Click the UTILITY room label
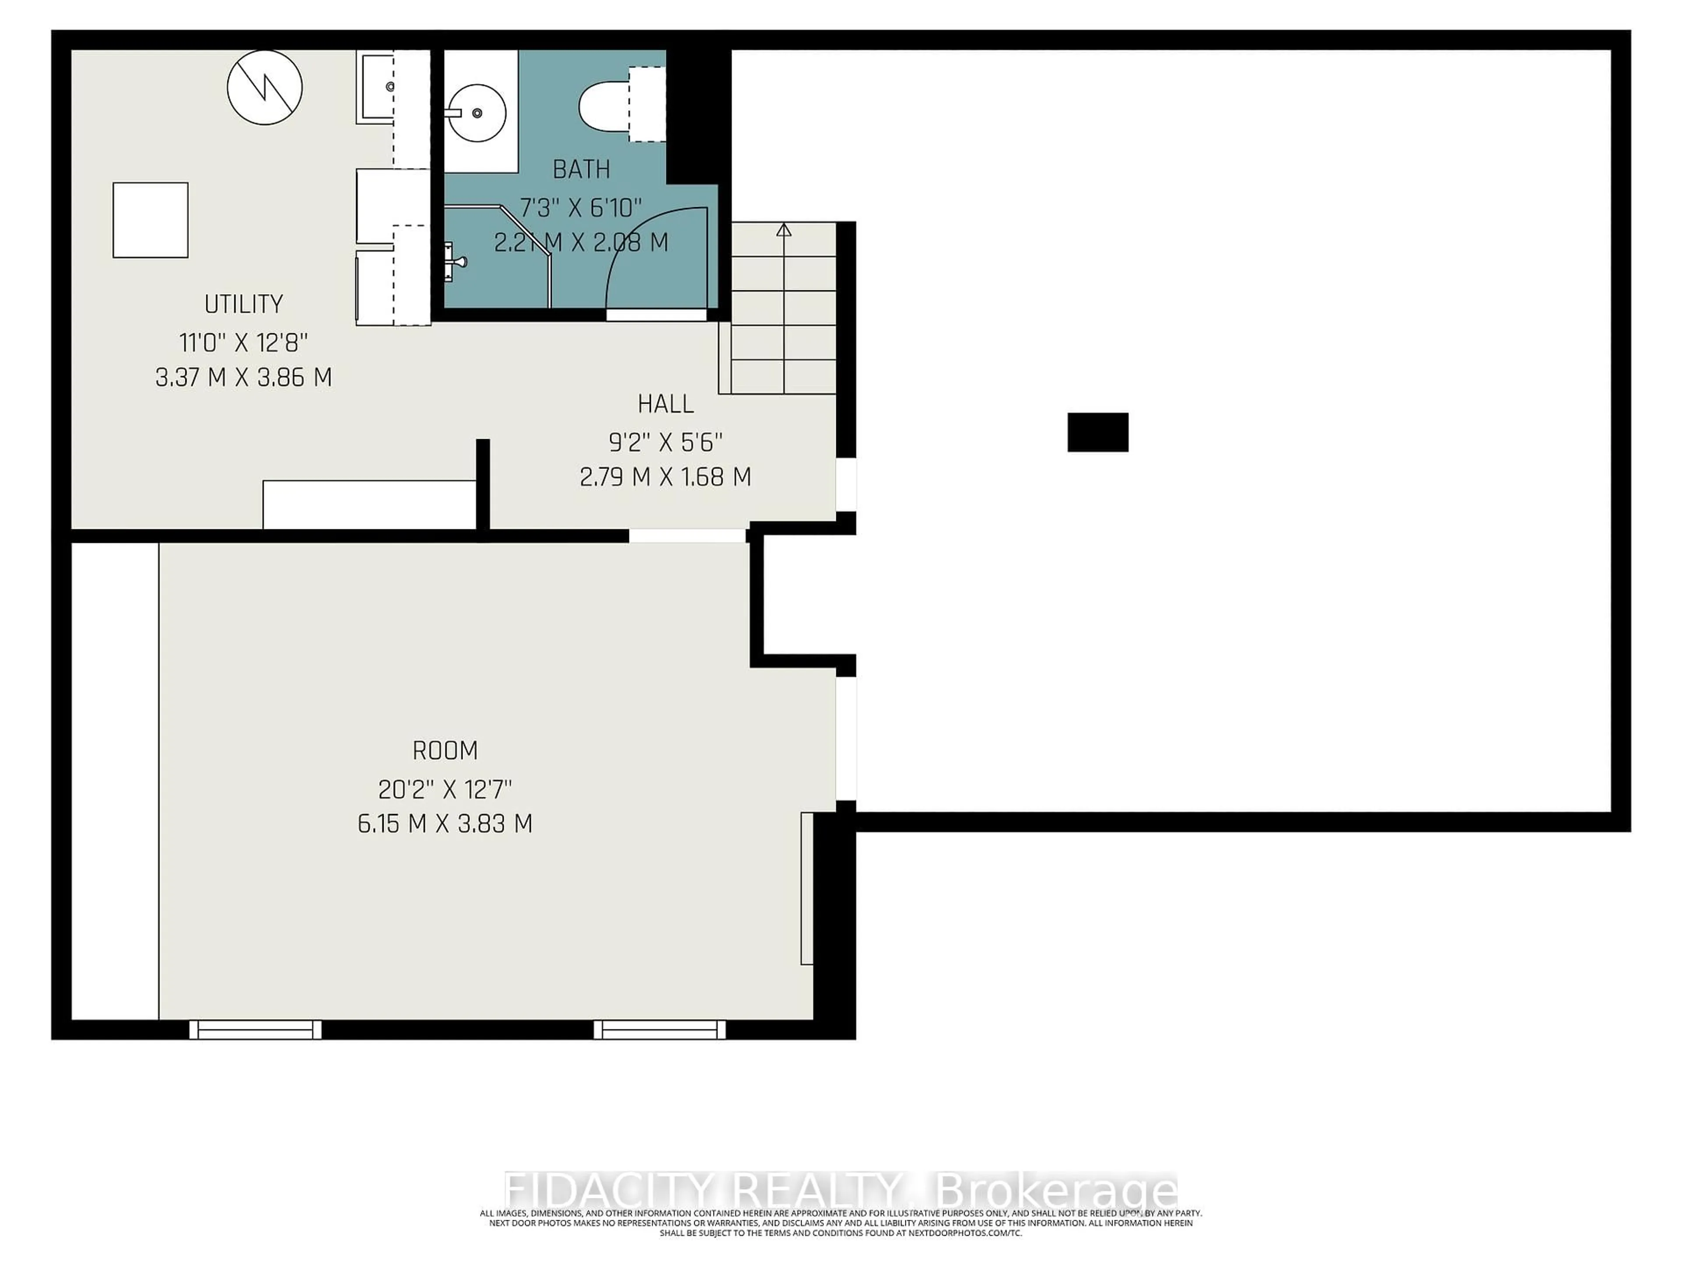tap(244, 304)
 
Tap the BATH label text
tap(581, 169)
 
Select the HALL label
tap(665, 404)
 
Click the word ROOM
tap(445, 751)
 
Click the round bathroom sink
tap(476, 113)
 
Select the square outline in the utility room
tap(151, 220)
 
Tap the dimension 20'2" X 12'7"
tap(445, 790)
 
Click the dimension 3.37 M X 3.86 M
tap(244, 378)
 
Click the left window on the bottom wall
tap(255, 1029)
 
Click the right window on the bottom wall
tap(659, 1029)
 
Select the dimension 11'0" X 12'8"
tap(244, 343)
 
